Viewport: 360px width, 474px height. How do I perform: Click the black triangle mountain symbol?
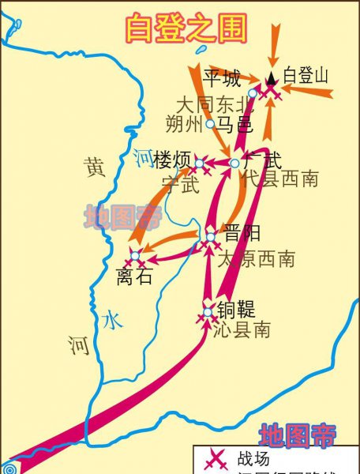point(271,77)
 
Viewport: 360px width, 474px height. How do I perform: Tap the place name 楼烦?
point(173,161)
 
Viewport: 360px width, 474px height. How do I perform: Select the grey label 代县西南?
point(279,179)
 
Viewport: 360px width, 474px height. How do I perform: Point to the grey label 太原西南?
point(256,258)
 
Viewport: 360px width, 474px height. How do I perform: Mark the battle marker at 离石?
point(135,255)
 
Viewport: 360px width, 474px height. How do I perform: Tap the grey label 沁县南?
point(242,330)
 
